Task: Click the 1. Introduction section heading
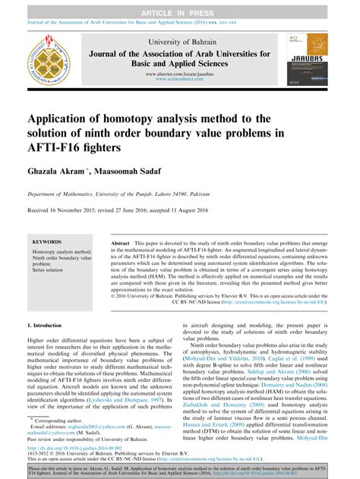coord(46,324)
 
